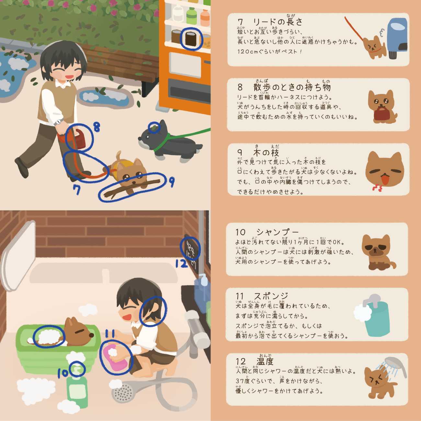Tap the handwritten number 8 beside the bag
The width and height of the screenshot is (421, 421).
click(97, 127)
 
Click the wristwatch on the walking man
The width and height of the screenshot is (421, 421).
click(58, 122)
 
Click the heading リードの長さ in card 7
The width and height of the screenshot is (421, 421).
click(278, 22)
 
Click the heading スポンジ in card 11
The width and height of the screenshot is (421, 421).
click(271, 296)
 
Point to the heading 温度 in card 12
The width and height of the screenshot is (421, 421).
click(265, 362)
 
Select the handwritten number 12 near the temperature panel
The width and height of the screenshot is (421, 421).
click(181, 264)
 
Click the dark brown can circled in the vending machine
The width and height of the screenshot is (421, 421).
click(191, 39)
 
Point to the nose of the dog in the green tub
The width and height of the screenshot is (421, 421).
click(92, 335)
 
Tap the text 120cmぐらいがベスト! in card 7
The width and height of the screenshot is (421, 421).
click(269, 52)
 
